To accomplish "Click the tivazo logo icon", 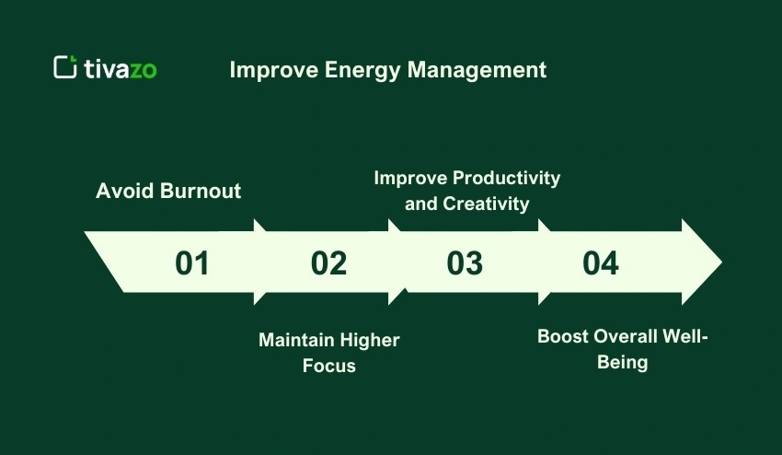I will (64, 67).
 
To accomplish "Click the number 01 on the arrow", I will (192, 263).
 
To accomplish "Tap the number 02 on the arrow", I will (328, 263).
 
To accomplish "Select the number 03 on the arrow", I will (465, 263).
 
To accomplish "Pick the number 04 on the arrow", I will (601, 263).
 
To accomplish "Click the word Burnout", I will (201, 192).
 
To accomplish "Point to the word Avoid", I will (125, 192).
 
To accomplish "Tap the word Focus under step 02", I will (328, 366).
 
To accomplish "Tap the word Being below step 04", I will (623, 362).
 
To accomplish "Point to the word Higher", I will (370, 341).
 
